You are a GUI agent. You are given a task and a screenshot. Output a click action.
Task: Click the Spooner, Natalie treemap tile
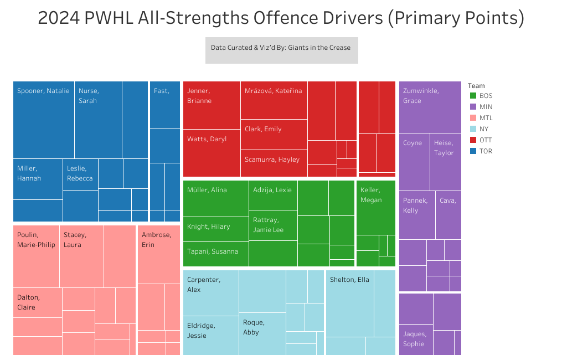pos(44,120)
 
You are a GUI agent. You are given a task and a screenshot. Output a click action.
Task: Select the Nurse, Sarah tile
pos(98,120)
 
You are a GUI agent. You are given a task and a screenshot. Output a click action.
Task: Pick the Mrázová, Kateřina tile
pos(274,100)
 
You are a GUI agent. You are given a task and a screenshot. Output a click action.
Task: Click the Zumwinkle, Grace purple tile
pos(430,107)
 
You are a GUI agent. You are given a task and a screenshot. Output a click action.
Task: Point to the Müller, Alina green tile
pos(215,198)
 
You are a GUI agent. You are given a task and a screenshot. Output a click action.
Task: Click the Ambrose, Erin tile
pos(158,254)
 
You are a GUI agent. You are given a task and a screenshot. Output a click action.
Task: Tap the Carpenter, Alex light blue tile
pos(210,292)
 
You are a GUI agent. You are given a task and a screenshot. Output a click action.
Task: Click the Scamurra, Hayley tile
pos(274,163)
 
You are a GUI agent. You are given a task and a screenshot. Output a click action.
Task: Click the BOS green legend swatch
pos(473,96)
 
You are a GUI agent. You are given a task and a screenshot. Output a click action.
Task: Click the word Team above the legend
pos(476,86)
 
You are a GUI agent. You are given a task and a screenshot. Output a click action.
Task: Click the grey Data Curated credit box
pos(281,50)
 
